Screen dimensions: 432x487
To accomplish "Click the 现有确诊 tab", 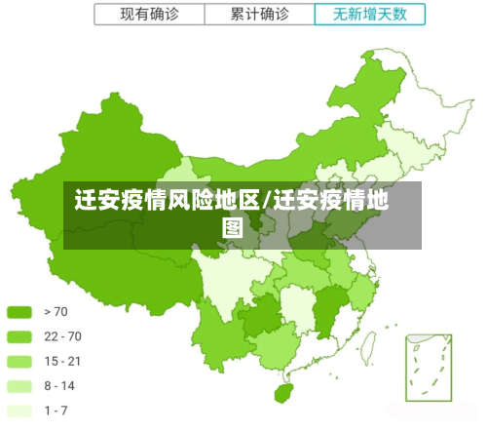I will (x=149, y=14).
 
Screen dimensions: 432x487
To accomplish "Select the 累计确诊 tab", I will (x=260, y=14).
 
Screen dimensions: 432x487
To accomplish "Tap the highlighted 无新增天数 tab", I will (x=370, y=14).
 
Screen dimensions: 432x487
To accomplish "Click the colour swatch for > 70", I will (x=20, y=312).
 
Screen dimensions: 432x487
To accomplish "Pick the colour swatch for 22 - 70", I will (x=20, y=336).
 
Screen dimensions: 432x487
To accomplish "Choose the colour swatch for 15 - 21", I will (x=20, y=361).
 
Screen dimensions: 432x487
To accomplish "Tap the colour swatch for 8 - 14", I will (x=20, y=385).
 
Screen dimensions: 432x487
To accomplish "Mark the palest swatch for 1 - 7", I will (x=20, y=411).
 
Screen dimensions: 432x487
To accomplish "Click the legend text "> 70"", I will (x=56, y=312).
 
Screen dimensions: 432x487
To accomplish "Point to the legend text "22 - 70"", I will (x=62, y=336).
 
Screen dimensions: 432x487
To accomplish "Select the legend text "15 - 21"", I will (x=62, y=361).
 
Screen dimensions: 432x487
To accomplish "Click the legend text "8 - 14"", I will (x=59, y=385).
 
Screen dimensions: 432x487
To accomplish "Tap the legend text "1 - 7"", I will (x=56, y=411).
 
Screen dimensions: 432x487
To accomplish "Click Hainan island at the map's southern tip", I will (x=283, y=393).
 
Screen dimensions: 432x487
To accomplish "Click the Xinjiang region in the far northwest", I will (x=93, y=156).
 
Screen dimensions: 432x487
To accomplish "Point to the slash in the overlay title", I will (x=266, y=203).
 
